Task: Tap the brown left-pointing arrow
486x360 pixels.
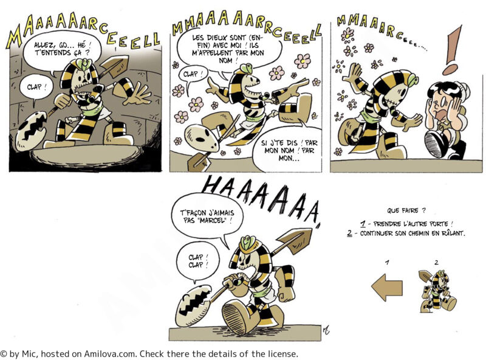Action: pos(387,288)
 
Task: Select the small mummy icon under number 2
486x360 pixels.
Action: pos(437,291)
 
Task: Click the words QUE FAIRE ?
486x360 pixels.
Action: pos(406,211)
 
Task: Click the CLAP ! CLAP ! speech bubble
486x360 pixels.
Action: pos(197,261)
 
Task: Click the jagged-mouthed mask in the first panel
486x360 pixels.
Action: pos(31,130)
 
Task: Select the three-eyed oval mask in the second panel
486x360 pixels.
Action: pos(202,139)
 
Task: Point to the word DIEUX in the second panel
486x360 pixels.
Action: pos(216,38)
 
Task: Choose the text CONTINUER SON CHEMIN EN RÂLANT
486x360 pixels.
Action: pos(412,233)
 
